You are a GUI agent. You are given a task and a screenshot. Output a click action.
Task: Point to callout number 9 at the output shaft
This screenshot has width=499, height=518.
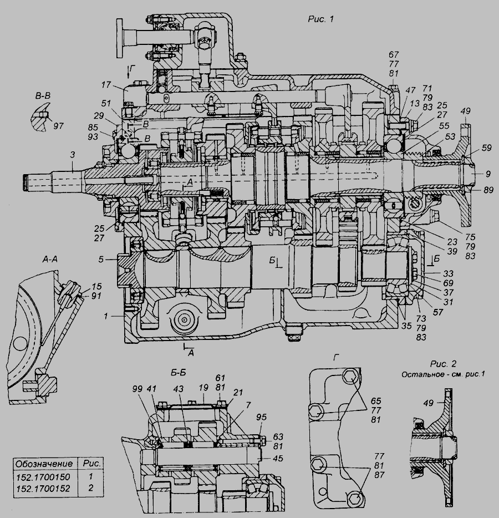[x=488, y=174]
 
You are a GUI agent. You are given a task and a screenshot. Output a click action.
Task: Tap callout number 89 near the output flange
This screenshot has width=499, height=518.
[x=488, y=190]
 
